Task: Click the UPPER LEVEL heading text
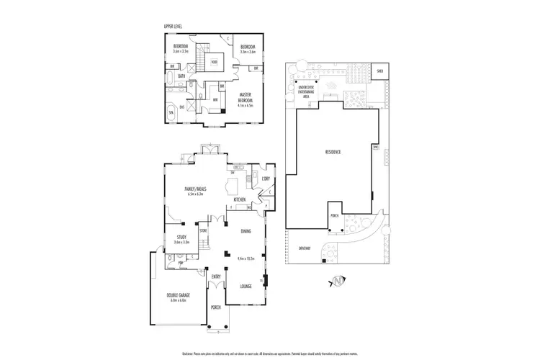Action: tap(174, 27)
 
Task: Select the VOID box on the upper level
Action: tap(215, 62)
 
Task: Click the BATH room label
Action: tap(181, 76)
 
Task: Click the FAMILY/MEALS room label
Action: tap(196, 189)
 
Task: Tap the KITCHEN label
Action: tap(240, 199)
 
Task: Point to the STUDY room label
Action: tap(181, 237)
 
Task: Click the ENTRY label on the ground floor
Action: tap(216, 276)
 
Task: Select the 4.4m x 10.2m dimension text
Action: tap(246, 257)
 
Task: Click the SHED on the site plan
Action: tap(379, 71)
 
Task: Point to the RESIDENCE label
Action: tap(332, 153)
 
